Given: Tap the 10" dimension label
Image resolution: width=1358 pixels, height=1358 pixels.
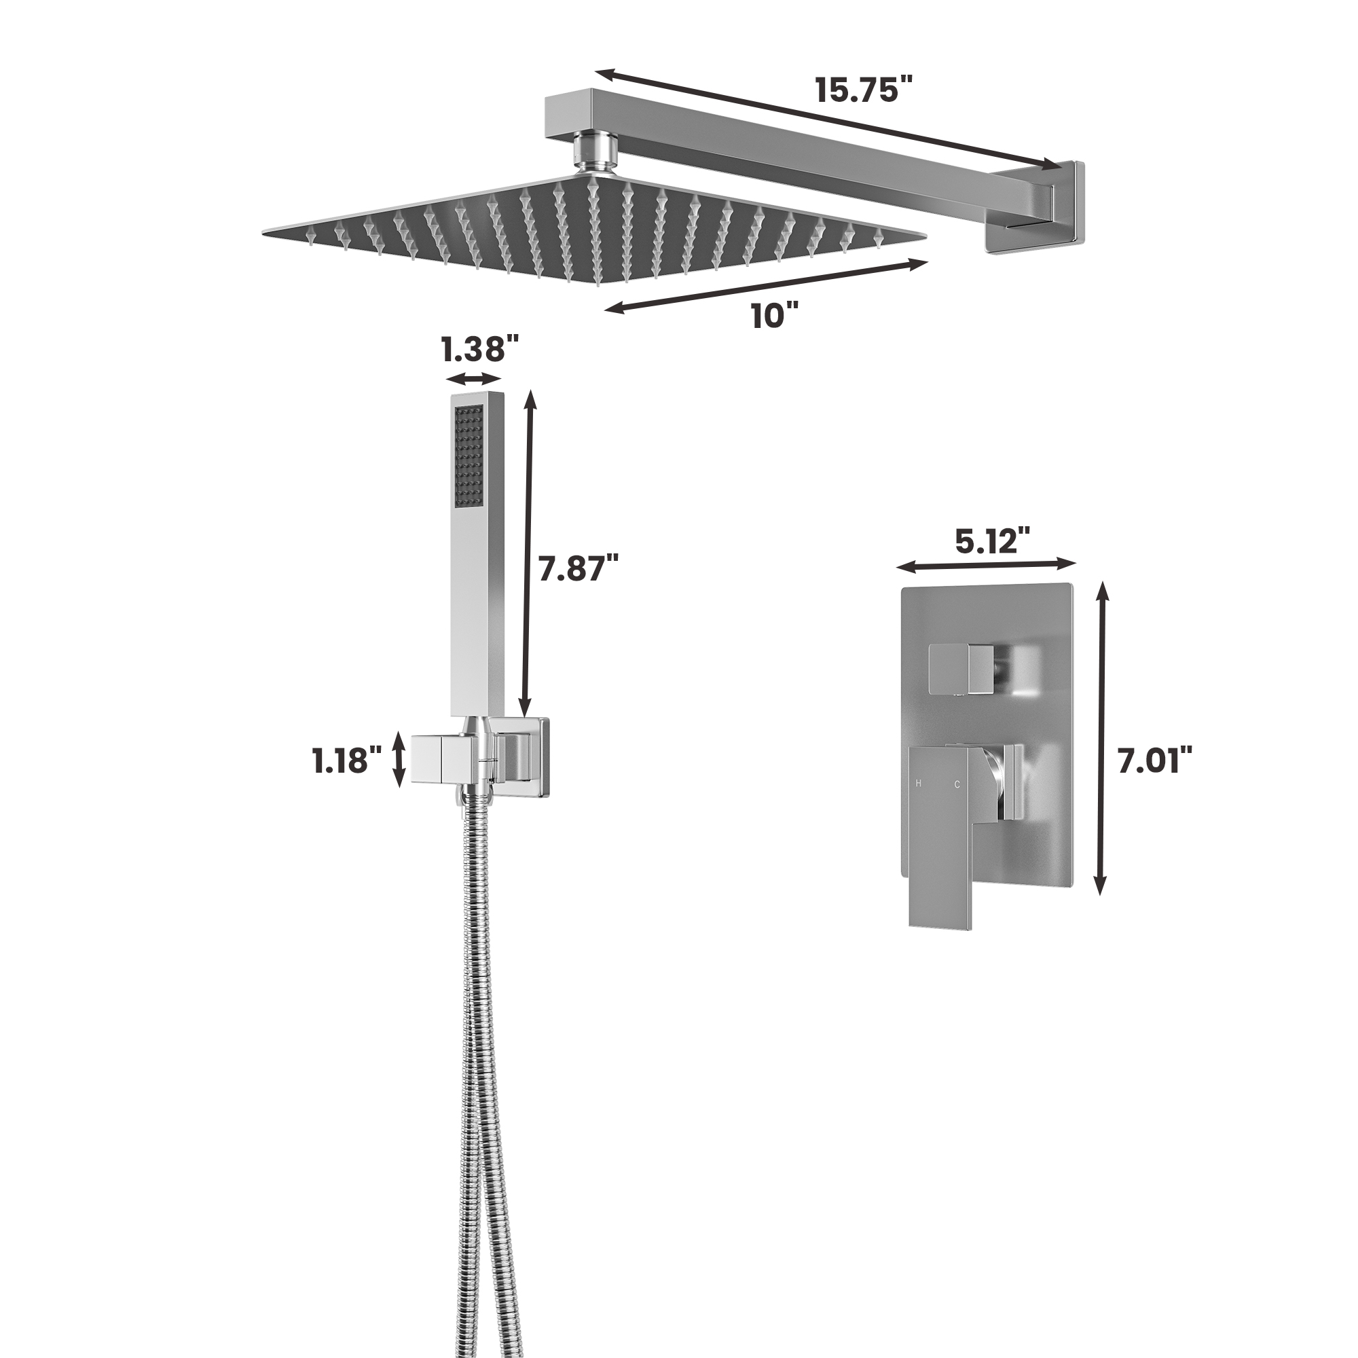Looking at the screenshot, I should pos(775,316).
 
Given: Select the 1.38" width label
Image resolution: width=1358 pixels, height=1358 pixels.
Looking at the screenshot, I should pos(480,348).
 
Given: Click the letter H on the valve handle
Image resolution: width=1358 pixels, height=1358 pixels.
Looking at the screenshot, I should pos(918,783).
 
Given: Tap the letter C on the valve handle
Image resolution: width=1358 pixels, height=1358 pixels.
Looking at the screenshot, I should pos(957,784).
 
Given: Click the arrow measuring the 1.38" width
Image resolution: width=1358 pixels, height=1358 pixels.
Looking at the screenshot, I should pos(475,379).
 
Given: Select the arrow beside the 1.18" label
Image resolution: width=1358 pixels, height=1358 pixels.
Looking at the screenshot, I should pos(399,759).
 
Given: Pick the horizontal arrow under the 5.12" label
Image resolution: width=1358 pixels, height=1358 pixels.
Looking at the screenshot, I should pos(986,564).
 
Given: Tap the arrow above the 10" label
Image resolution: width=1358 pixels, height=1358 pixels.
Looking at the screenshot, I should pos(766,285).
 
